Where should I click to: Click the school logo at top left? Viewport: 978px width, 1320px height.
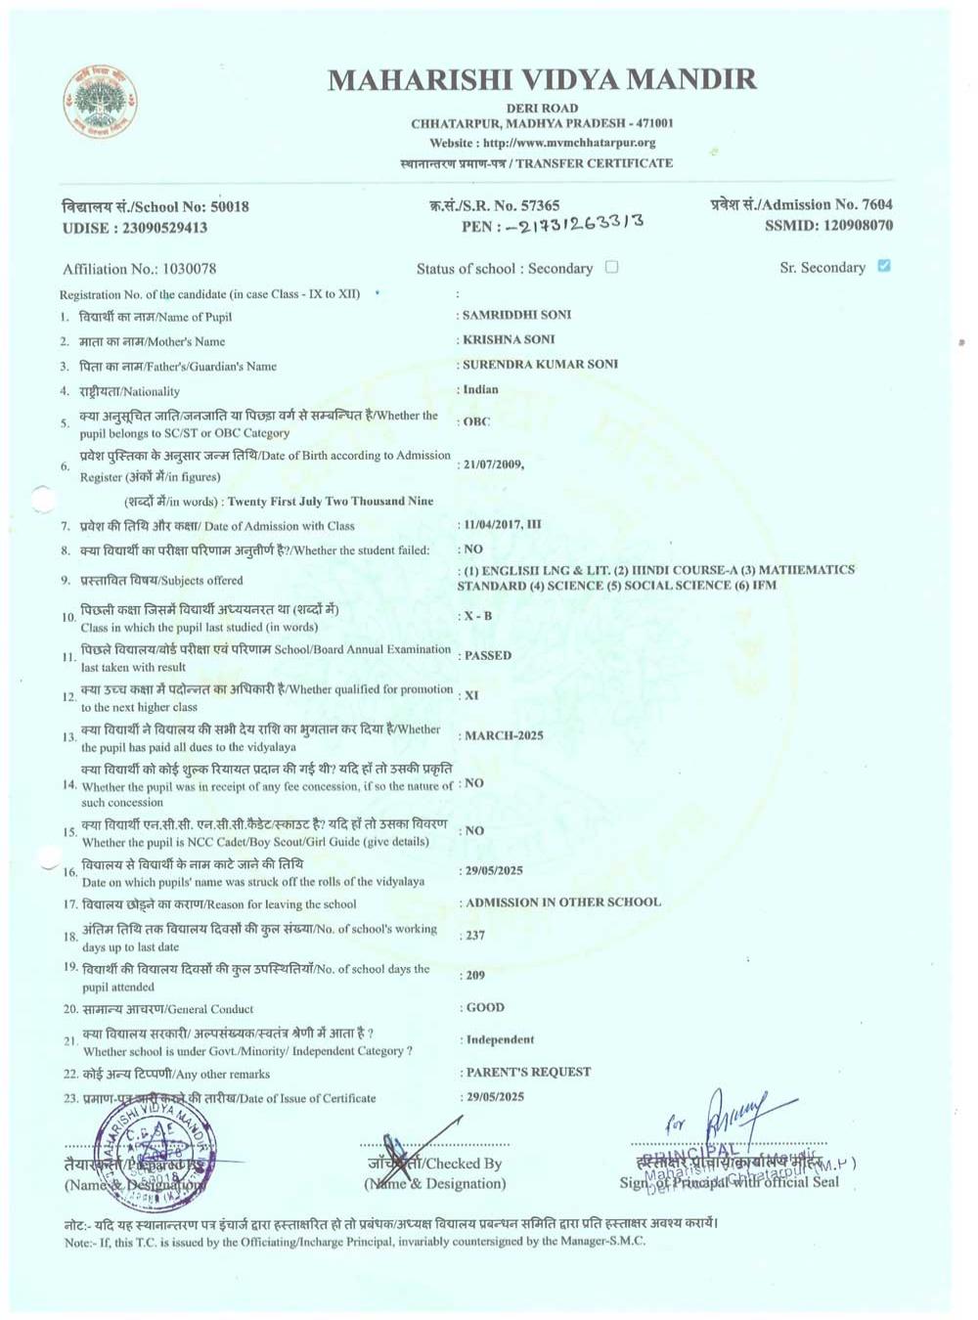pos(100,101)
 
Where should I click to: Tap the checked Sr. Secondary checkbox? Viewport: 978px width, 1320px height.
pos(884,266)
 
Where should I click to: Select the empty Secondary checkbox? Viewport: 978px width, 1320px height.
pos(611,267)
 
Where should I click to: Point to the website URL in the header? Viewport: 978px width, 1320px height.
pos(542,143)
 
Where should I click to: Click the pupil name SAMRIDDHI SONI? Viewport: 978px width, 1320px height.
pos(516,315)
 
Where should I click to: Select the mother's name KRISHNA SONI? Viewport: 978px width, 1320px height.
pos(509,339)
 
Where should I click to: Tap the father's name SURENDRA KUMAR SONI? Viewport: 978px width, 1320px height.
pos(540,364)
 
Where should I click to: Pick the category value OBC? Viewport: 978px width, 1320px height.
pos(476,421)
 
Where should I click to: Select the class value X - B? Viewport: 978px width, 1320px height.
pos(478,616)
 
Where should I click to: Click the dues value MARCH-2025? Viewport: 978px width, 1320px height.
pos(504,735)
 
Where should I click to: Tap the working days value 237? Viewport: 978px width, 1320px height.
pos(475,935)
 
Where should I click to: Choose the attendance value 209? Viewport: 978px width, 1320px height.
pos(475,975)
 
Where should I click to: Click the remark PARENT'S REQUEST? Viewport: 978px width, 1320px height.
pos(528,1072)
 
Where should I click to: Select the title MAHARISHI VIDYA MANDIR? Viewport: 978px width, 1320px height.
pos(542,79)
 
